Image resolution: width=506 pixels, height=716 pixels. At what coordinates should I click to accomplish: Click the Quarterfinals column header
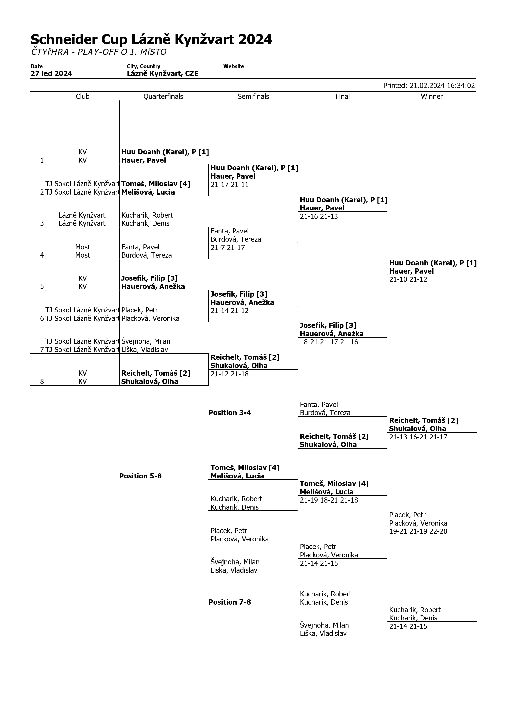coord(163,96)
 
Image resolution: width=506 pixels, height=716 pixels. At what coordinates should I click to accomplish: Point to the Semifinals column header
coord(253,96)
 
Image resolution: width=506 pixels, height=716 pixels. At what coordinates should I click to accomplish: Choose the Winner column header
coord(431,96)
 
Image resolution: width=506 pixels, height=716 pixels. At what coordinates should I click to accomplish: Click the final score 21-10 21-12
coord(408,279)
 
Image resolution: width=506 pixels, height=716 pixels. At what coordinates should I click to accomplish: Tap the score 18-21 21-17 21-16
coord(329,342)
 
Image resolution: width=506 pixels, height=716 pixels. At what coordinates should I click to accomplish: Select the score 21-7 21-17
coord(228,248)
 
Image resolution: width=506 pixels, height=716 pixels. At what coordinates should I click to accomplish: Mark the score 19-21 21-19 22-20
coord(418,531)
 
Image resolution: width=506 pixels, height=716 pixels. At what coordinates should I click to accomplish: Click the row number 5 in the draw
coord(42,286)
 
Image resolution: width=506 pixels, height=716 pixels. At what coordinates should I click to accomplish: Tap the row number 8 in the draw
coord(42,381)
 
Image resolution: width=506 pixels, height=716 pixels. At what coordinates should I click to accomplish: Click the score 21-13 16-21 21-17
coord(418,437)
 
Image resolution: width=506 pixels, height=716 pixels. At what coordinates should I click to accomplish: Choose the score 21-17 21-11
coord(229,185)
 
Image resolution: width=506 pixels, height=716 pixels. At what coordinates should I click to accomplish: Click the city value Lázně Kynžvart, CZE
coord(162,74)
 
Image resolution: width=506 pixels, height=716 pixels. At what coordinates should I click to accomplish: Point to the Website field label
coord(233,66)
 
